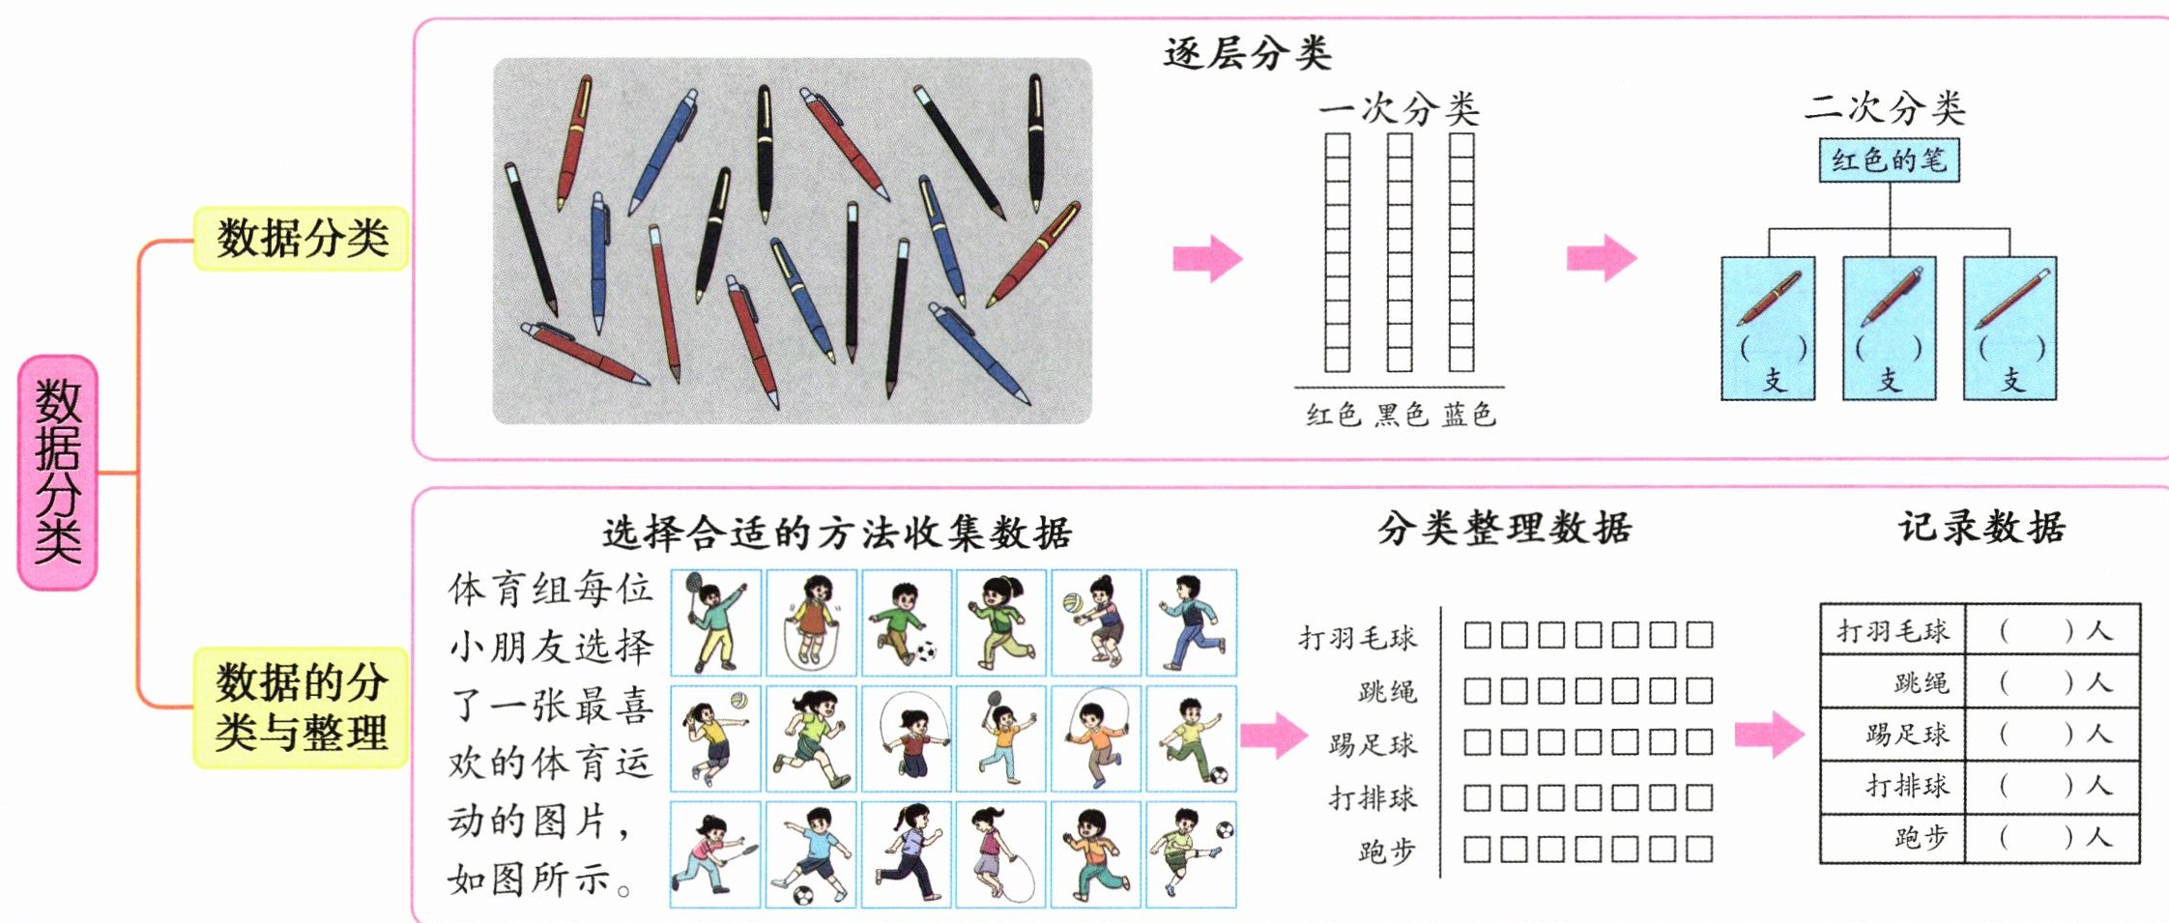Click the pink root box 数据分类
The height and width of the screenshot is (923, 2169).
[57, 473]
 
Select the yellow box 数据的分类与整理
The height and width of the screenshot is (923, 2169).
[301, 707]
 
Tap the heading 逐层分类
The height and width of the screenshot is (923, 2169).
[1247, 53]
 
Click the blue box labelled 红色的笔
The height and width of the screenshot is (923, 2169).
[1889, 160]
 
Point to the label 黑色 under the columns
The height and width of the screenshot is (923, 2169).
[1401, 415]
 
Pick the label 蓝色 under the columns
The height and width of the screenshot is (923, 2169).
[1468, 415]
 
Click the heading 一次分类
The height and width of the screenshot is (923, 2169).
[1399, 109]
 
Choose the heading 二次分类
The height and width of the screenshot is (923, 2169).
[1884, 107]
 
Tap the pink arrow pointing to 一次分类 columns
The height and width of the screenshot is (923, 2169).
[1207, 258]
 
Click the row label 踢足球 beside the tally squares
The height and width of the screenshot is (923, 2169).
[1373, 744]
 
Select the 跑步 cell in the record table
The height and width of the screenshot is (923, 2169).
[1893, 837]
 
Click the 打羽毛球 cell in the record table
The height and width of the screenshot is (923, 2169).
[1893, 631]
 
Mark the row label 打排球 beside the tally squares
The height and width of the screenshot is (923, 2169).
[1373, 798]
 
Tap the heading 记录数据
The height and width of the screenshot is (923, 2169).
[1981, 528]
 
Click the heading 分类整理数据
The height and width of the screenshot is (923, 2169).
[1504, 529]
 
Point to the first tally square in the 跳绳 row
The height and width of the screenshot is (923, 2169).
[1477, 690]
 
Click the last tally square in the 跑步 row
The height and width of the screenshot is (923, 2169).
[1699, 850]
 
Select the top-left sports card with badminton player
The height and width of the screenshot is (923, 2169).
[716, 622]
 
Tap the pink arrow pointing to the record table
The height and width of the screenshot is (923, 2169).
[1769, 735]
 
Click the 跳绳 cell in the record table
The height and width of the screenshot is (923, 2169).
[1893, 682]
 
